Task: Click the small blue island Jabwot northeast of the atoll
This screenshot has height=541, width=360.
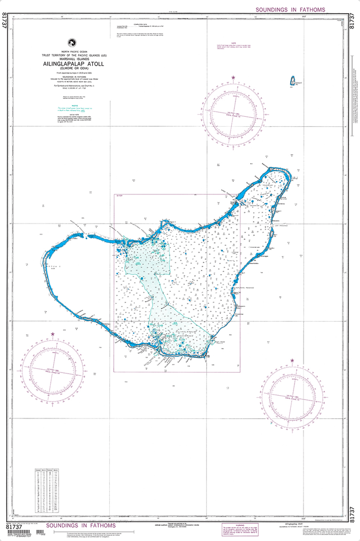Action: tap(291, 81)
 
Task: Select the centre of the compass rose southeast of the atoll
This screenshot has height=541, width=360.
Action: tap(293, 396)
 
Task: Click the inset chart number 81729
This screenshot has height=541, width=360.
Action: tap(119, 197)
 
